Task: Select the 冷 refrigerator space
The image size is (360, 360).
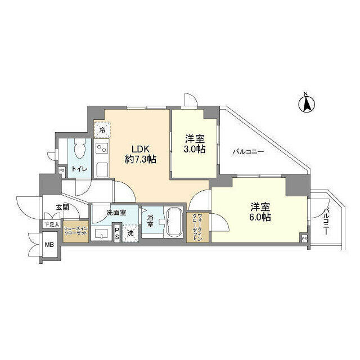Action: [102, 130]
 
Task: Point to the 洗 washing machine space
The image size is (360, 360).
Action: [130, 233]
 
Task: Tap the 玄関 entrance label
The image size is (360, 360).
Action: [62, 207]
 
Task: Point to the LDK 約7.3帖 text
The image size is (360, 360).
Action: [141, 154]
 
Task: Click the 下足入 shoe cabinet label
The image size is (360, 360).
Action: [51, 224]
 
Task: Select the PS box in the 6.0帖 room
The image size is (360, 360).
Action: [304, 238]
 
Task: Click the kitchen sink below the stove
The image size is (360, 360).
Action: [102, 169]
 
